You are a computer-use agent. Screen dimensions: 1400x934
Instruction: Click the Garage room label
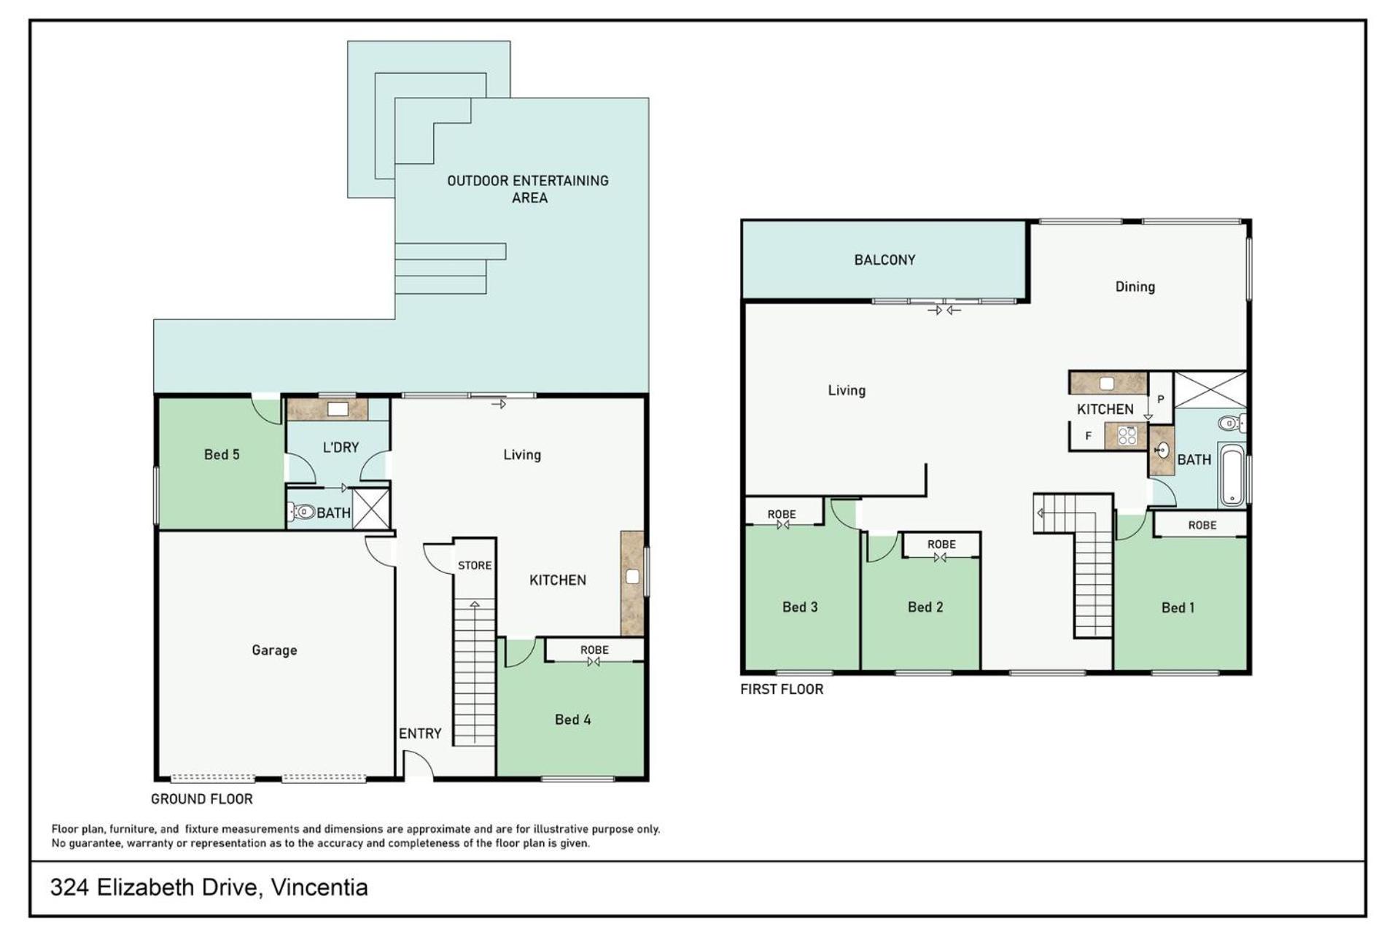pos(274,650)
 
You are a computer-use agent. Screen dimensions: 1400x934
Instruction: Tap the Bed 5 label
pos(222,454)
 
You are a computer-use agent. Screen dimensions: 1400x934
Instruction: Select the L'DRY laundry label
pos(341,447)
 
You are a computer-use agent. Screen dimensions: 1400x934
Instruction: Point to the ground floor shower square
pos(371,508)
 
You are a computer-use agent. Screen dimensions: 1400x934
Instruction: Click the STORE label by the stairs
pos(475,565)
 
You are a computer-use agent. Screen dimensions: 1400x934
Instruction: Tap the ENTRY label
pos(420,733)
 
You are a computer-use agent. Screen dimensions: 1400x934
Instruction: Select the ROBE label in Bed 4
pos(594,650)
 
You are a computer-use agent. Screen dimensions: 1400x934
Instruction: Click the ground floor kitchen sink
pos(632,577)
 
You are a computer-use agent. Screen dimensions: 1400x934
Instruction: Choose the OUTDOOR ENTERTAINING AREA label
pos(528,189)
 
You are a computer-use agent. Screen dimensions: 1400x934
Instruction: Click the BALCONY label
pos(884,260)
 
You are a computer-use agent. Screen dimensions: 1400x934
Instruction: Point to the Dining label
pos(1135,287)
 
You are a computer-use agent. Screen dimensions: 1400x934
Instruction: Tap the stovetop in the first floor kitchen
pos(1127,436)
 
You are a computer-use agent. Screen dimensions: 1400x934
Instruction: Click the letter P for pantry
pos(1160,399)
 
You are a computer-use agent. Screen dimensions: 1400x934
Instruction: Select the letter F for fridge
pos(1089,436)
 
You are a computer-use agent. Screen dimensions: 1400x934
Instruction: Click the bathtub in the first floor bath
pos(1231,475)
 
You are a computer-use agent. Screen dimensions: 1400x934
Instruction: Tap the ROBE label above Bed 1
pos(1202,525)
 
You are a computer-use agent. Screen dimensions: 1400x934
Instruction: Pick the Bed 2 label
pos(925,607)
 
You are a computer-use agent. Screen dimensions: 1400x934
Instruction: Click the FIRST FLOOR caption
pos(782,689)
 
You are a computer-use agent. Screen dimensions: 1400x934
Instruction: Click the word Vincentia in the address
pos(319,887)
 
